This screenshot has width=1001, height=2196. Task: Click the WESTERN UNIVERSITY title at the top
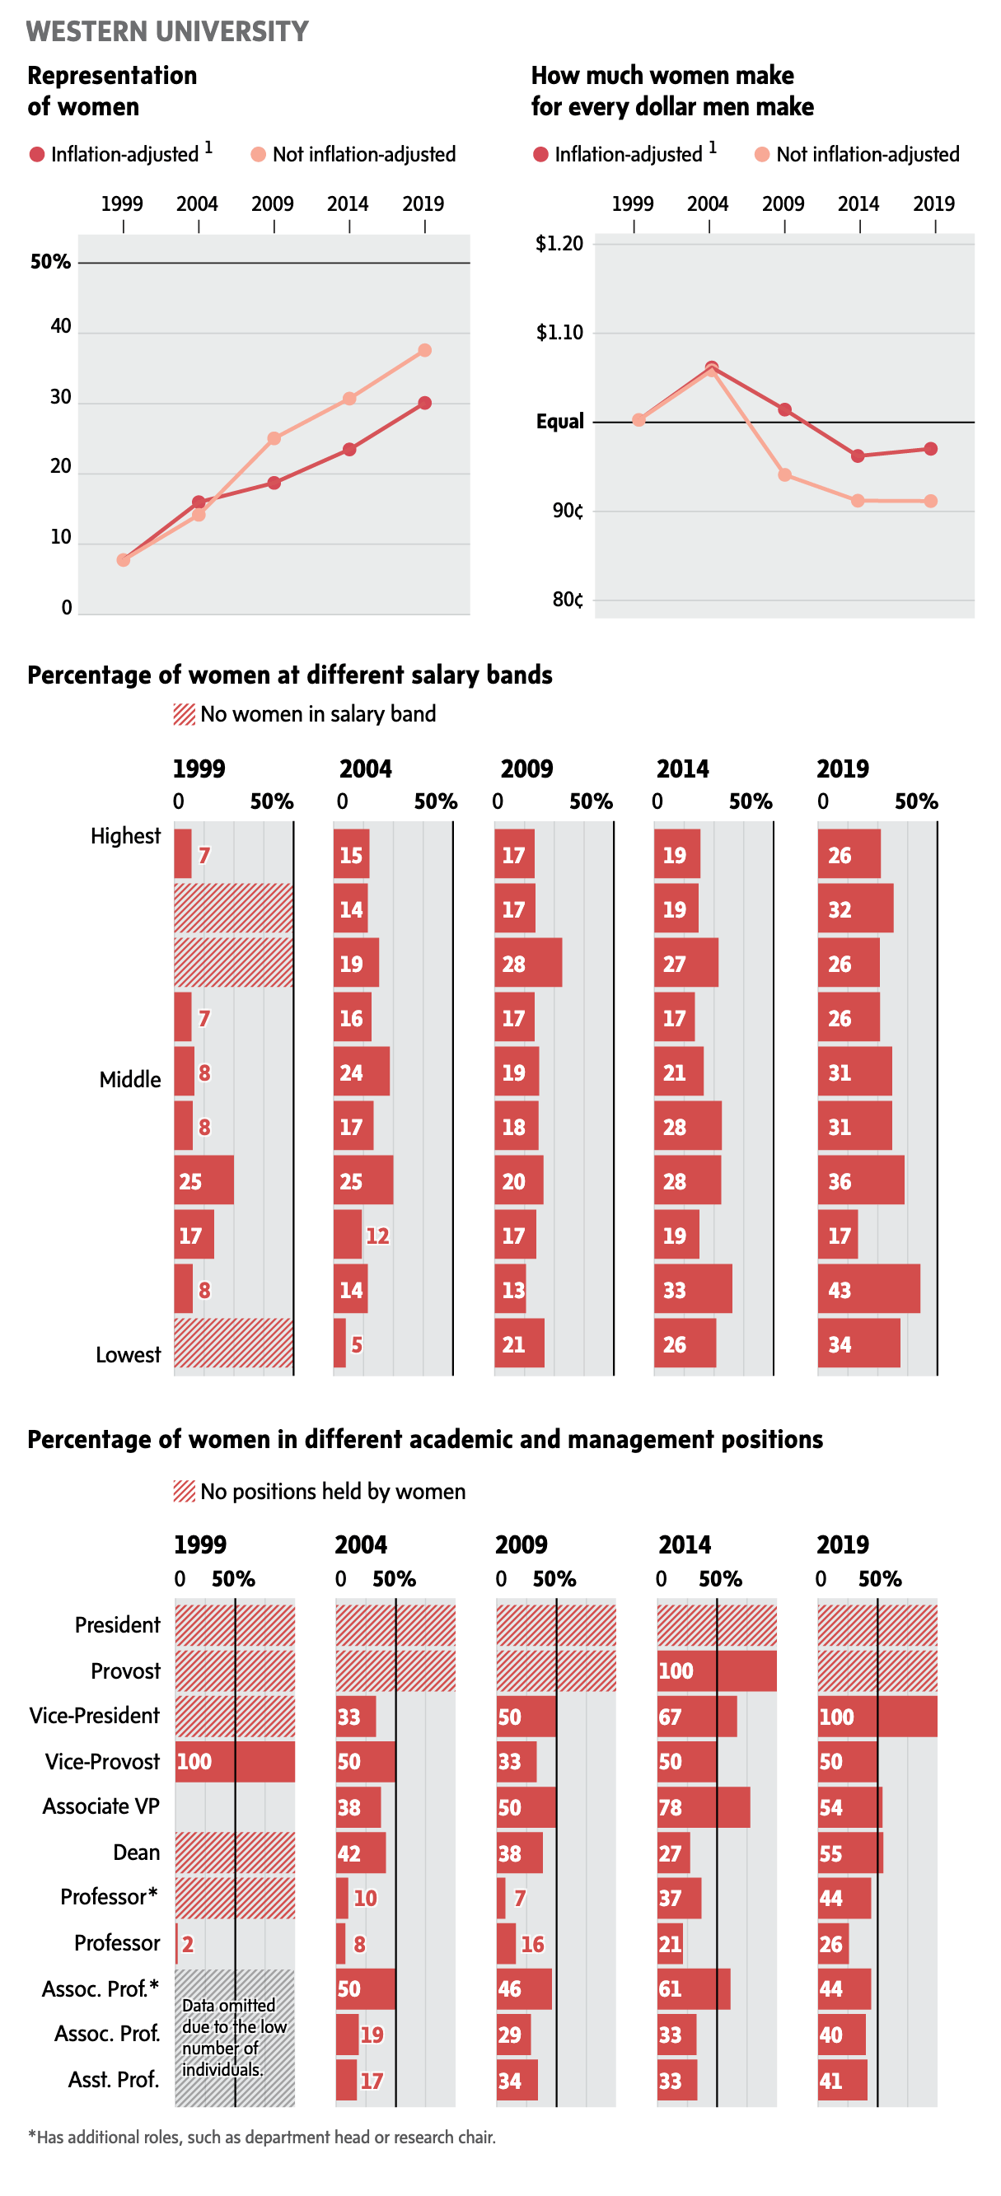pyautogui.click(x=167, y=31)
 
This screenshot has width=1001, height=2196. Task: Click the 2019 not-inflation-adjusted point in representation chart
pyautogui.click(x=424, y=350)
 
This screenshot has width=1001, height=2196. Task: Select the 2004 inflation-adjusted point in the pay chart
pyautogui.click(x=711, y=367)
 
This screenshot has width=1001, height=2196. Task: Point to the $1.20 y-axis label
pyautogui.click(x=559, y=244)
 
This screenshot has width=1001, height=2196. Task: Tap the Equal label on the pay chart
pyautogui.click(x=560, y=421)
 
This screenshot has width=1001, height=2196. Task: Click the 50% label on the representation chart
pyautogui.click(x=50, y=262)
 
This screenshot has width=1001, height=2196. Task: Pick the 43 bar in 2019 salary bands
pyautogui.click(x=868, y=1289)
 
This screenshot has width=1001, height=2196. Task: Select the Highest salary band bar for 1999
pyautogui.click(x=182, y=854)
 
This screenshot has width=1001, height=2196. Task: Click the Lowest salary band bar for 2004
pyautogui.click(x=339, y=1343)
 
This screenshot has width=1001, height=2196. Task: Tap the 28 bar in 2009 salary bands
pyautogui.click(x=528, y=963)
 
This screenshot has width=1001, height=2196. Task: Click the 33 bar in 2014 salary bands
pyautogui.click(x=692, y=1289)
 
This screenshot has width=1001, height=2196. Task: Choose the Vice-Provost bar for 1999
pyautogui.click(x=235, y=1761)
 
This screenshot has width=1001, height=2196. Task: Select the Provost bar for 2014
pyautogui.click(x=716, y=1670)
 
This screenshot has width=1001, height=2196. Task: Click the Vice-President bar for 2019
pyautogui.click(x=877, y=1716)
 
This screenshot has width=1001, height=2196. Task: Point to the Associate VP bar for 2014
pyautogui.click(x=704, y=1807)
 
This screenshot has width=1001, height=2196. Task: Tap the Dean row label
pyautogui.click(x=137, y=1853)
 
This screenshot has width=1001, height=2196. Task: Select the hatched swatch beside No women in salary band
pyautogui.click(x=185, y=714)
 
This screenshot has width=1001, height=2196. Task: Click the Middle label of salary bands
pyautogui.click(x=129, y=1079)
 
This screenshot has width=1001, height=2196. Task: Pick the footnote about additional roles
pyautogui.click(x=262, y=2138)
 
